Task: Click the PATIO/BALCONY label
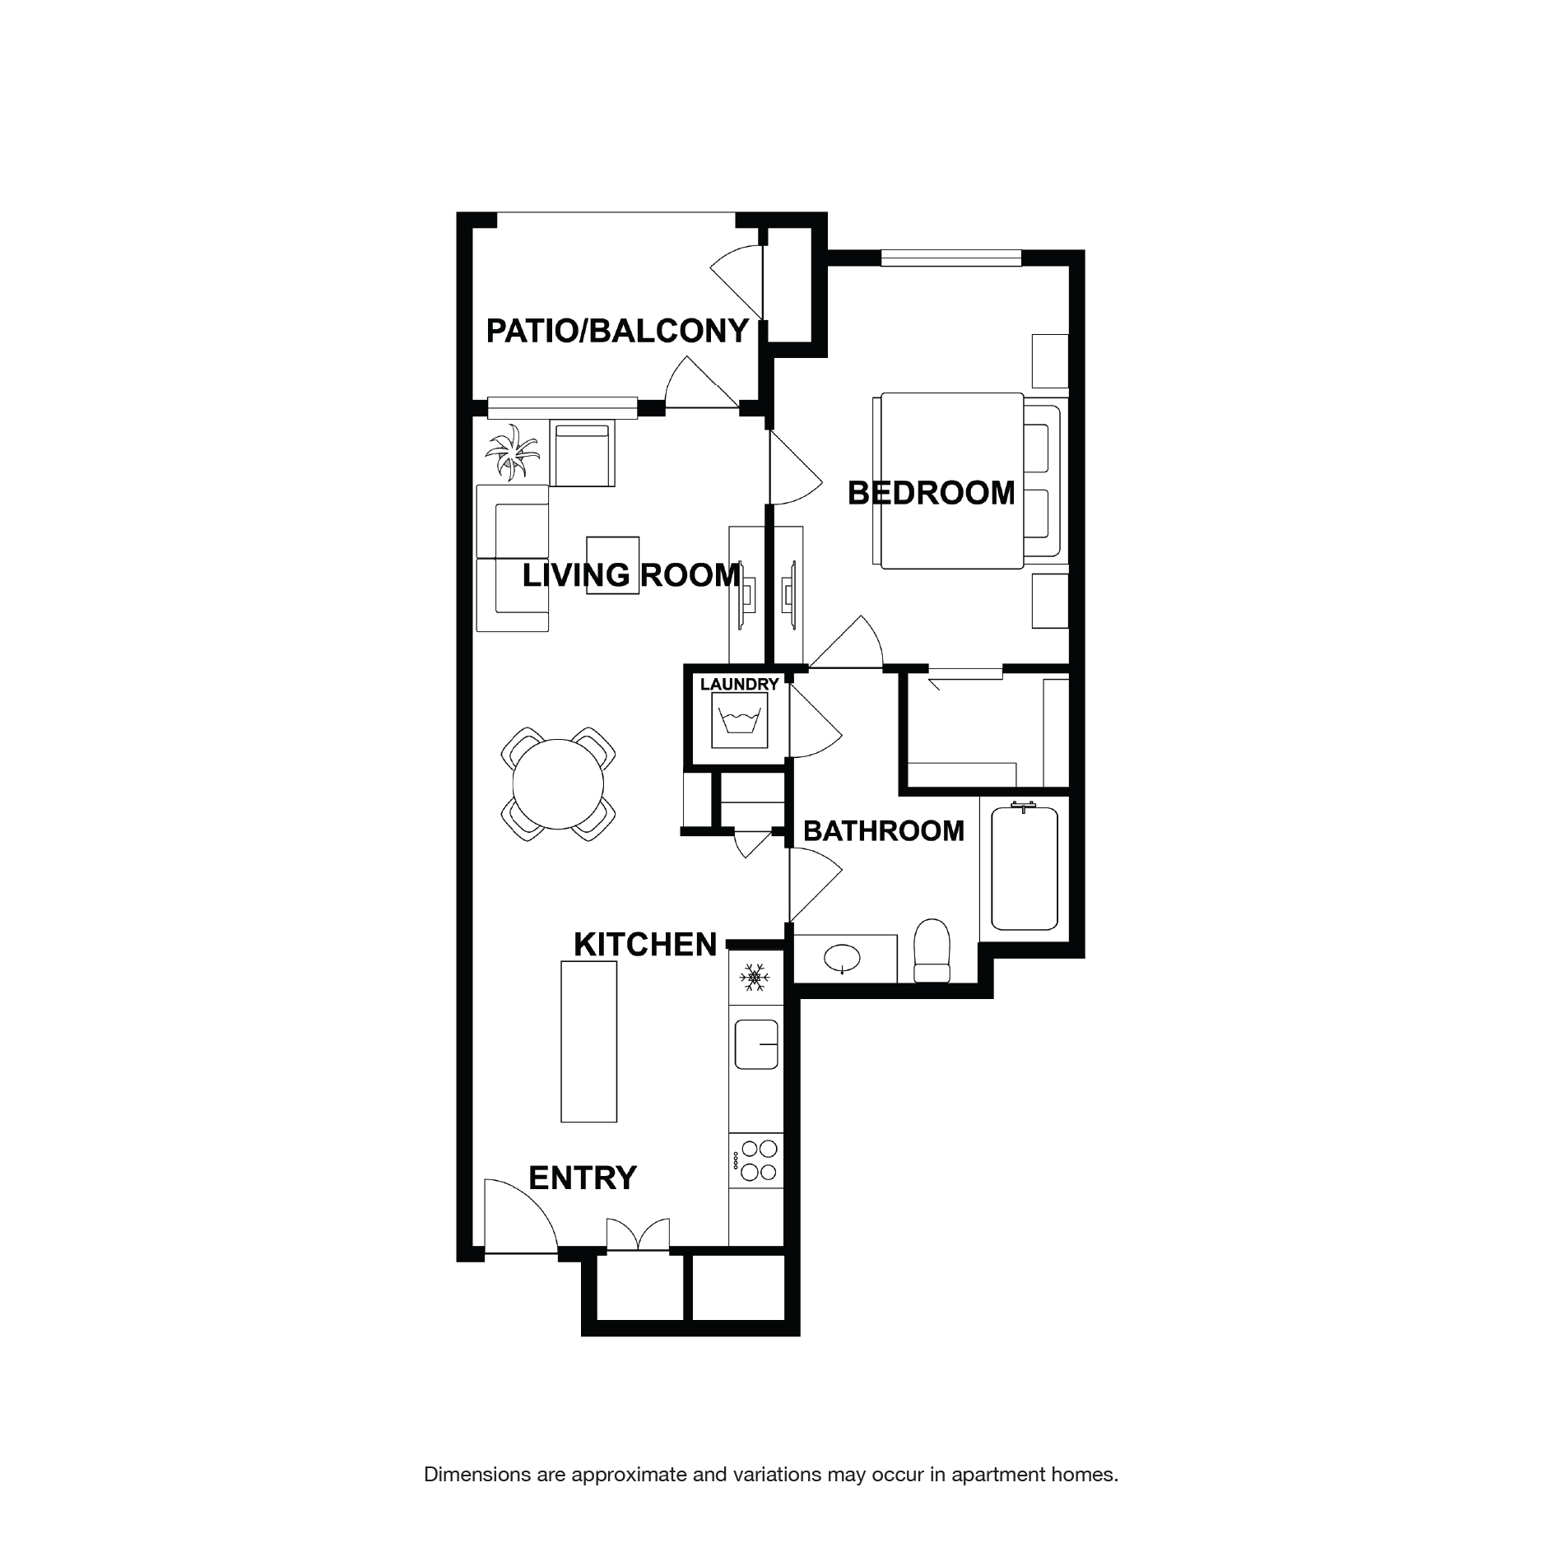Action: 616,331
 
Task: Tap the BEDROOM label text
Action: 931,493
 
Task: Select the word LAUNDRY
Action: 739,685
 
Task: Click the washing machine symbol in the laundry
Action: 739,720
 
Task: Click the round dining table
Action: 558,784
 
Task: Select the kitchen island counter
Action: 588,1041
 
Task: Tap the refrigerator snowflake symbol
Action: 754,978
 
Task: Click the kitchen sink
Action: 756,1044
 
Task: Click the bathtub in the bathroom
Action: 1024,868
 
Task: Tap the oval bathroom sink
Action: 843,958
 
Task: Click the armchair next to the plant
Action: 583,454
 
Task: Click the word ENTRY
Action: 582,1178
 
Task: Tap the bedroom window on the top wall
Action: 950,258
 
